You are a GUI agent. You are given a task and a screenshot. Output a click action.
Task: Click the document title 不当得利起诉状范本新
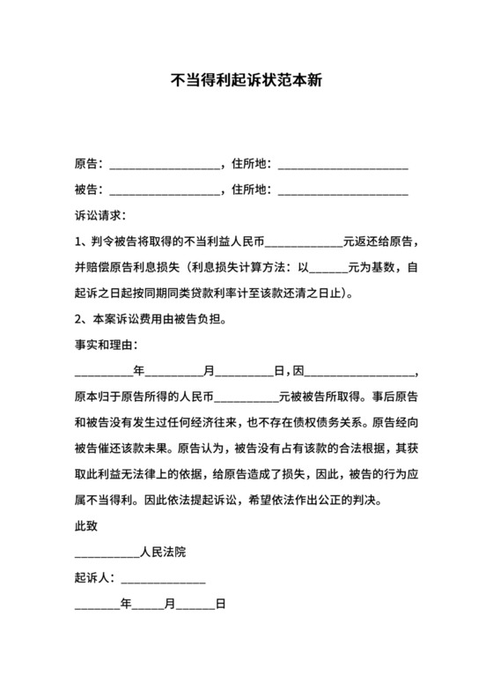pyautogui.click(x=246, y=78)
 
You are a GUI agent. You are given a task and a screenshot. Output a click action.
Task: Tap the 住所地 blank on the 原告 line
pyautogui.click(x=342, y=165)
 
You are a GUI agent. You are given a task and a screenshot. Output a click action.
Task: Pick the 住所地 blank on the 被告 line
pyautogui.click(x=342, y=190)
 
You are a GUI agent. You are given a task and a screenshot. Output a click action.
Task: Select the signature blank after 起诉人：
pyautogui.click(x=162, y=579)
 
